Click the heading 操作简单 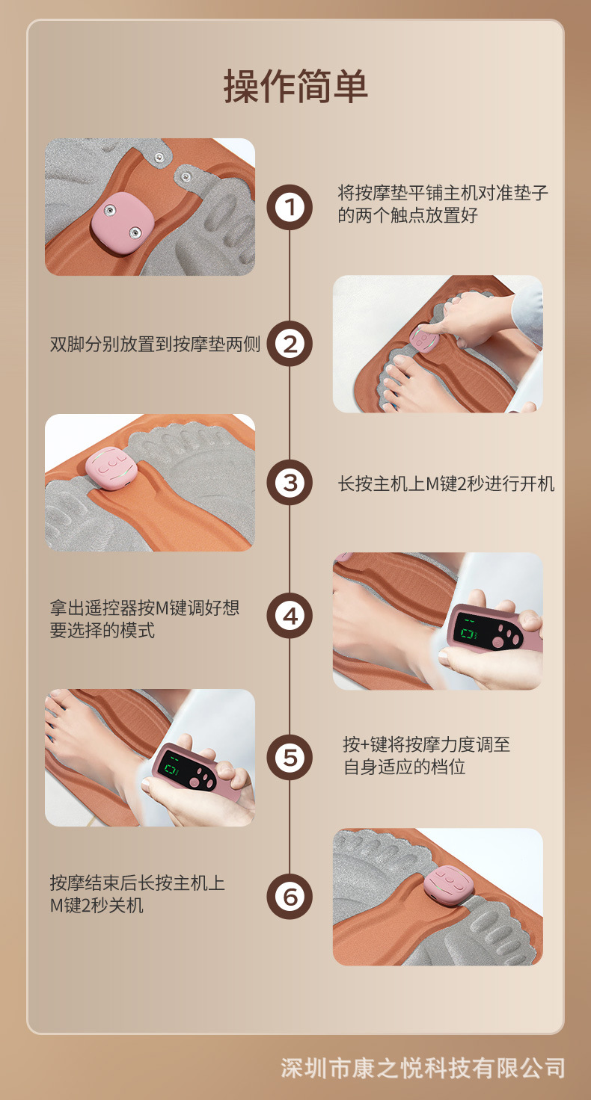coord(295,87)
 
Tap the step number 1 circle coord(290,207)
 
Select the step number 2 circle coord(290,344)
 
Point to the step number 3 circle coord(290,483)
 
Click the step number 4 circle coord(290,616)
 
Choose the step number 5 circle coord(290,757)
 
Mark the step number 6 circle coord(290,897)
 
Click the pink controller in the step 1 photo coord(122,223)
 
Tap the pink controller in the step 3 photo coord(111,469)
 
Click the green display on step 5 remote coord(171,767)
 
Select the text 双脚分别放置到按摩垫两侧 coord(155,344)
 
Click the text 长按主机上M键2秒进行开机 coord(446,483)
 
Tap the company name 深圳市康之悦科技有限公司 coord(423,1068)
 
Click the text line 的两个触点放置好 coord(408,215)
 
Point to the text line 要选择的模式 coord(102,630)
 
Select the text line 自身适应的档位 coord(404,767)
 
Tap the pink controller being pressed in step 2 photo coord(424,339)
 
